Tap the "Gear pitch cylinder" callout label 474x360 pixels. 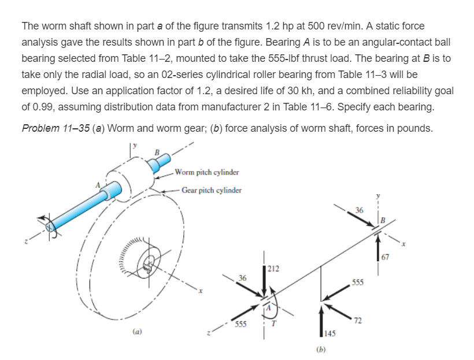pyautogui.click(x=209, y=190)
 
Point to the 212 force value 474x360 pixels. pyautogui.click(x=274, y=268)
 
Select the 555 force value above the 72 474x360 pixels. pyautogui.click(x=358, y=283)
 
